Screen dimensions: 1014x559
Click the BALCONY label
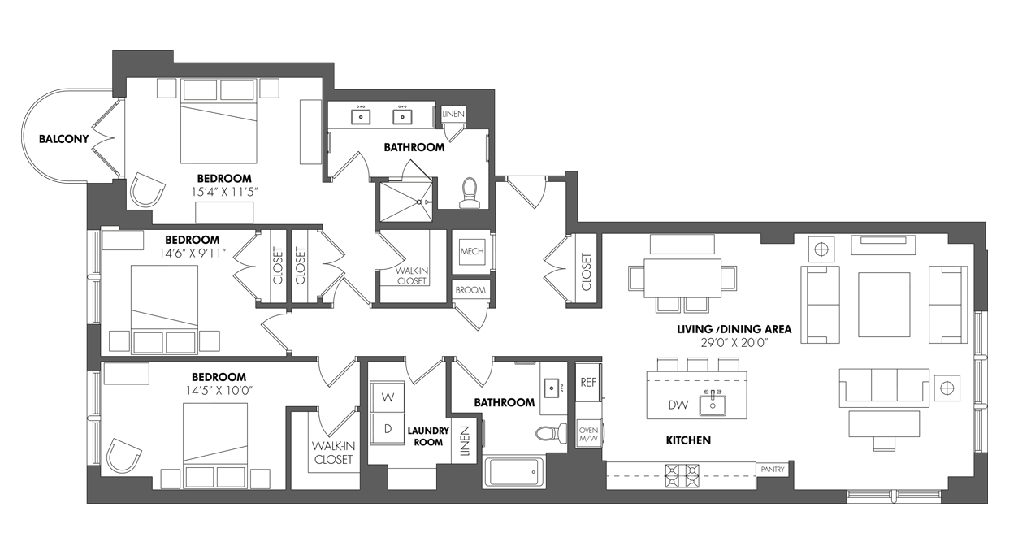point(64,139)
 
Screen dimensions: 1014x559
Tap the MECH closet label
point(472,251)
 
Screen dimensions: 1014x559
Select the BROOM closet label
point(470,290)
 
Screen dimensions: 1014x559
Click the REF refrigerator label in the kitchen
point(588,383)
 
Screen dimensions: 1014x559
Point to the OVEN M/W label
point(588,434)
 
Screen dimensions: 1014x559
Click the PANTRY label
point(772,470)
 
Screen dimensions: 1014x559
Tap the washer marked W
point(388,397)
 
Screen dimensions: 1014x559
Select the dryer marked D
point(388,429)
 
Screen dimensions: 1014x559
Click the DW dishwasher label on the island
point(678,405)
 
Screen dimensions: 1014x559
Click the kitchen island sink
point(713,404)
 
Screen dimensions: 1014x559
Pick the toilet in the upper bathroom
point(470,193)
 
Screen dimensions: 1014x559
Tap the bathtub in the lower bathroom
point(513,473)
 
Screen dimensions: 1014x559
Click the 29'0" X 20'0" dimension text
point(734,343)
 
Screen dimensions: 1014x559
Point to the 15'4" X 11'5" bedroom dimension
point(224,192)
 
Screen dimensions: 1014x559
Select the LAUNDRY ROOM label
point(428,436)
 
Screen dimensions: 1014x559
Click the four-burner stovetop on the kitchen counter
point(682,475)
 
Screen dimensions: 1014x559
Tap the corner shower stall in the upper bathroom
point(406,201)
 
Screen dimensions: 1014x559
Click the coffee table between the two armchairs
point(884,305)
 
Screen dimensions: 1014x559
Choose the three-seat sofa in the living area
point(884,387)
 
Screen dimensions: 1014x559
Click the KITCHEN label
point(688,440)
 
